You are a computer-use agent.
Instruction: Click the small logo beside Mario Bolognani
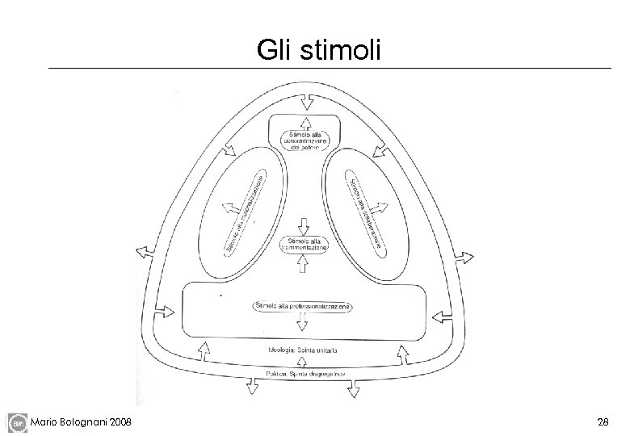point(17,421)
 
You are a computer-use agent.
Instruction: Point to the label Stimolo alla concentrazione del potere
point(304,139)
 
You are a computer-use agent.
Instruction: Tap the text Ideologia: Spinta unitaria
point(303,350)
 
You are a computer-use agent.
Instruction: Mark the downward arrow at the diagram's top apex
point(305,103)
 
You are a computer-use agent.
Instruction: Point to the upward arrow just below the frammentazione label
point(304,262)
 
